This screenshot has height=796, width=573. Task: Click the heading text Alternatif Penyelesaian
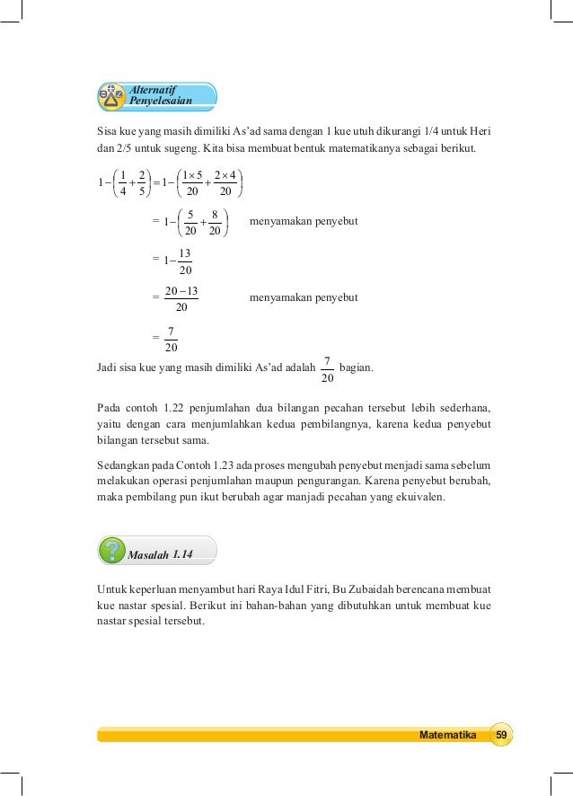(x=162, y=94)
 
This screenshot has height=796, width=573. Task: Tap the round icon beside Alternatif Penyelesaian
(x=112, y=95)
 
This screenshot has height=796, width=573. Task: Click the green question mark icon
(x=112, y=550)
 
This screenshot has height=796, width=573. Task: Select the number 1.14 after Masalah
(x=182, y=555)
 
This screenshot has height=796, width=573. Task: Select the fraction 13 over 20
(x=184, y=261)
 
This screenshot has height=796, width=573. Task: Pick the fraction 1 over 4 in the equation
(x=124, y=183)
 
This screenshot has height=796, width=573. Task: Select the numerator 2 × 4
(x=225, y=175)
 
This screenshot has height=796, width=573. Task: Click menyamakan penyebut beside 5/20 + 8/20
(x=304, y=221)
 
